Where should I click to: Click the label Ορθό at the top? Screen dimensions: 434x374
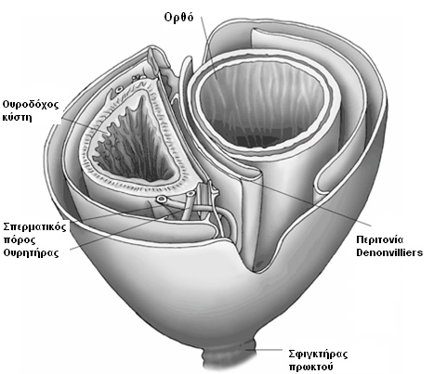coord(178,17)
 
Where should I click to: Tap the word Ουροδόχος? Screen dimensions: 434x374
coord(31,105)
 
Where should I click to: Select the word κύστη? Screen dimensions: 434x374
coord(17,118)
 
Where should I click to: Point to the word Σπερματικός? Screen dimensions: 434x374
coord(34,227)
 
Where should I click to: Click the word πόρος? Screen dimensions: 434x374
coord(20,240)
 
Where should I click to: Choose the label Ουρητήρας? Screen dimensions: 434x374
coord(31,253)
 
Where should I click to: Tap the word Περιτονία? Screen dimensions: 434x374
coord(380,240)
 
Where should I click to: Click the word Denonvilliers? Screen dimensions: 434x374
coord(389,252)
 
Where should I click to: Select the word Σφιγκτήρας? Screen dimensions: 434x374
coord(318,355)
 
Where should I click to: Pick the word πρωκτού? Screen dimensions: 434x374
coord(310,368)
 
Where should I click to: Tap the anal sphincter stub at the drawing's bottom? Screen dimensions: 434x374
coord(230,355)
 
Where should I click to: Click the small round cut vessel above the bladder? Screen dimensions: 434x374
coord(119,90)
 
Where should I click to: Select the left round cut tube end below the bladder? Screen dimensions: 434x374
coord(161,200)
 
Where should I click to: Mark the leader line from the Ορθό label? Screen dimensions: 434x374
coord(209,47)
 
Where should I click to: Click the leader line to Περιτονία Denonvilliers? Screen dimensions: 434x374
coord(310,201)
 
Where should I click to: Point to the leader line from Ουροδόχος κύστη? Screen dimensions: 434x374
coord(84,126)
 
